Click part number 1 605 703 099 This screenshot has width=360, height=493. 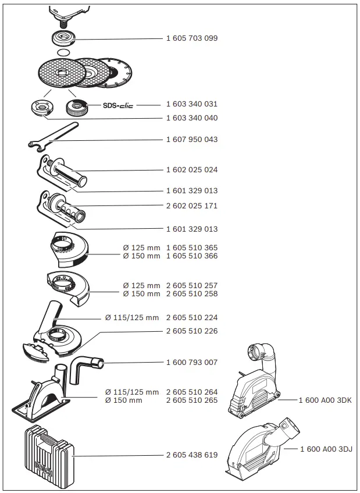pyautogui.click(x=192, y=38)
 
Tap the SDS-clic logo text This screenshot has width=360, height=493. pyautogui.click(x=118, y=105)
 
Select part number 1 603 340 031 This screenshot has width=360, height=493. pyautogui.click(x=192, y=104)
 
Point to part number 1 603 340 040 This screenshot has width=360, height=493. pyautogui.click(x=192, y=118)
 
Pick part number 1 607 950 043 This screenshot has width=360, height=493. pyautogui.click(x=192, y=140)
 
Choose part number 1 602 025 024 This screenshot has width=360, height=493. pyautogui.click(x=192, y=169)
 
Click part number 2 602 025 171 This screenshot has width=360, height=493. pyautogui.click(x=192, y=206)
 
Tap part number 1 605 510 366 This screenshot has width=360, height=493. pyautogui.click(x=192, y=256)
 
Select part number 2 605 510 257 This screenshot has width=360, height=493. pyautogui.click(x=192, y=286)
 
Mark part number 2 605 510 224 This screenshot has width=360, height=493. pyautogui.click(x=192, y=318)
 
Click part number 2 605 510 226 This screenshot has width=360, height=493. pyautogui.click(x=192, y=332)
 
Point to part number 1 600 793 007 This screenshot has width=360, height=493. pyautogui.click(x=192, y=362)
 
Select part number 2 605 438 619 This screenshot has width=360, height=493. pyautogui.click(x=192, y=455)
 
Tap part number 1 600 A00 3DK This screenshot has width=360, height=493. pyautogui.click(x=325, y=400)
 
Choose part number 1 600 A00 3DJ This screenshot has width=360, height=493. pyautogui.click(x=325, y=449)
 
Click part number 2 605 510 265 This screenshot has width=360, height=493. pyautogui.click(x=192, y=400)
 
